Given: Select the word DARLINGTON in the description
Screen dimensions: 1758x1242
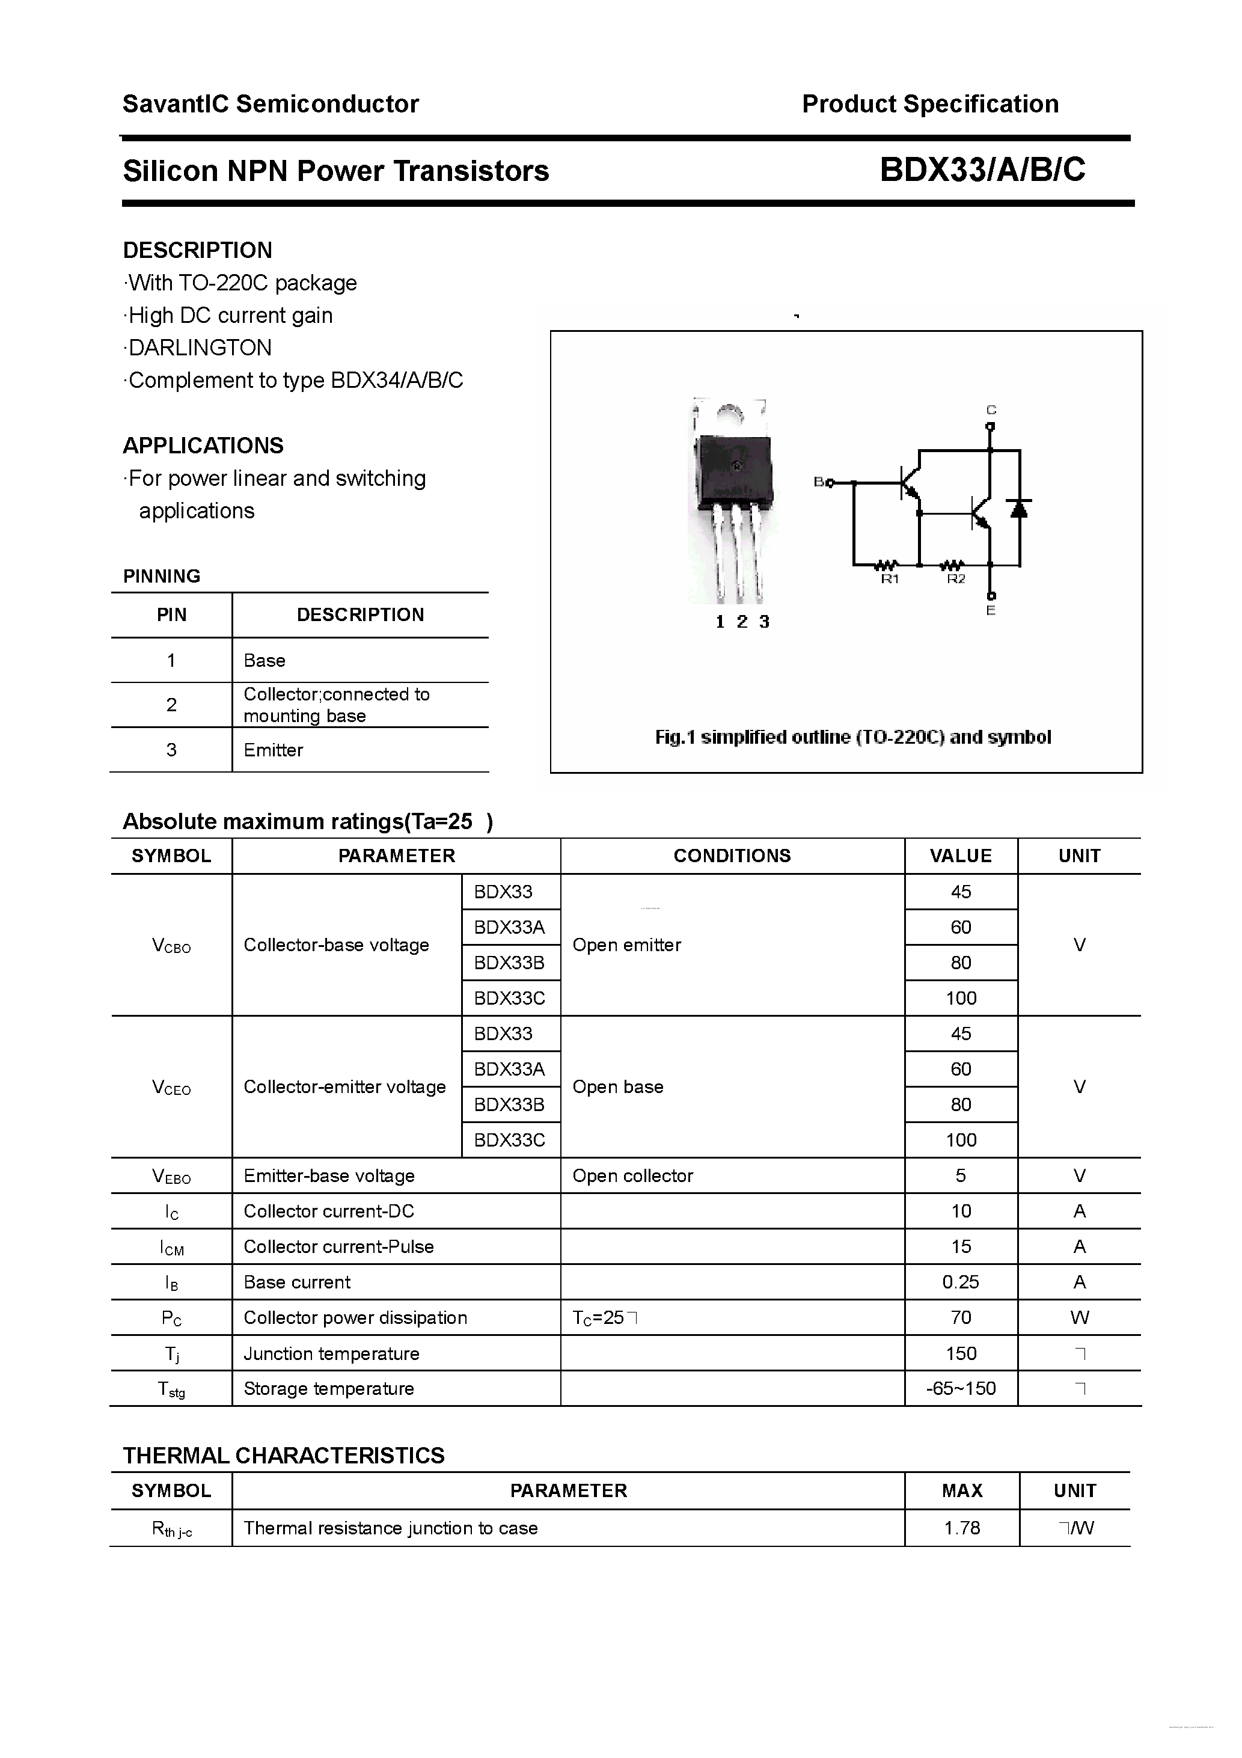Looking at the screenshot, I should [x=200, y=348].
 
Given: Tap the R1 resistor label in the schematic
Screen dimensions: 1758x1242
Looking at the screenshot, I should [x=889, y=580].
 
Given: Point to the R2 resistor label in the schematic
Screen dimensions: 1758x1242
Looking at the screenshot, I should [x=956, y=580].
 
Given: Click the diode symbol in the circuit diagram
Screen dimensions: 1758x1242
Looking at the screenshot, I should [x=1018, y=507].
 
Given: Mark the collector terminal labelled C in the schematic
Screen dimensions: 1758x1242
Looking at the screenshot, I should [x=990, y=411].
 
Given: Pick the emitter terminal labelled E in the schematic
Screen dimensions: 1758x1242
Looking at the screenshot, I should [x=990, y=610].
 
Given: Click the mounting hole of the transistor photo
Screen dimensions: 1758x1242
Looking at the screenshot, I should [x=730, y=414].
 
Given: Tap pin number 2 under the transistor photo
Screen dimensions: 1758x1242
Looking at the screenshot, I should [x=741, y=622].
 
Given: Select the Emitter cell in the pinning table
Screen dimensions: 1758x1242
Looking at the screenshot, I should [x=274, y=750].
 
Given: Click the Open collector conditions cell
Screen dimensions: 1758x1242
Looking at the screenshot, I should [x=632, y=1175].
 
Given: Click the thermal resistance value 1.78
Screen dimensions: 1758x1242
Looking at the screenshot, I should [x=962, y=1528].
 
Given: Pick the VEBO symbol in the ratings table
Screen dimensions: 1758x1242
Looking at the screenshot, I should [x=171, y=1176].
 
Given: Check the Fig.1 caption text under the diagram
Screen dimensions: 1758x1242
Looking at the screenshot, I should [x=852, y=737].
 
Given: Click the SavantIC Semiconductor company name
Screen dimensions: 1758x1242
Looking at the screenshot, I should [x=271, y=104].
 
